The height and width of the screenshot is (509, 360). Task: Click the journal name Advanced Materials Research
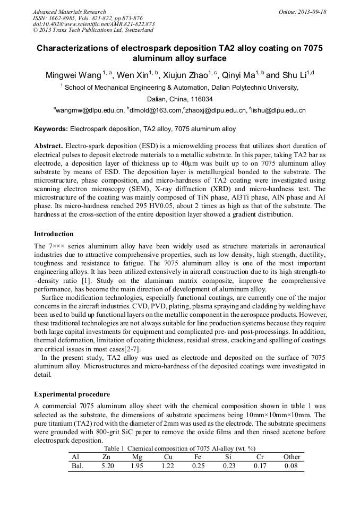pyautogui.click(x=69, y=12)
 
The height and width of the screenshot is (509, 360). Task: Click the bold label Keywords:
pyautogui.click(x=51, y=129)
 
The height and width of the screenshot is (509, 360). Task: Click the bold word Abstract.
pyautogui.click(x=49, y=145)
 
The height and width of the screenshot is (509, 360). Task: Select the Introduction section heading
pyautogui.click(x=54, y=234)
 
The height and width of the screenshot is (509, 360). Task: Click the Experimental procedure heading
pyautogui.click(x=72, y=394)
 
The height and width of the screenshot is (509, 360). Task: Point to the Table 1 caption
pyautogui.click(x=179, y=448)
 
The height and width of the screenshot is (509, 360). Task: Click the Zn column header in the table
pyautogui.click(x=106, y=456)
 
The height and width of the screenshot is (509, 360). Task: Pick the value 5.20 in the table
pyautogui.click(x=107, y=466)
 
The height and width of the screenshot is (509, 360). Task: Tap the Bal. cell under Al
pyautogui.click(x=77, y=466)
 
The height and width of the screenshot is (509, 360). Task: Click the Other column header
pyautogui.click(x=292, y=456)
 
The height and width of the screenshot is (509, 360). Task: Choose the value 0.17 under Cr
pyautogui.click(x=260, y=466)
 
